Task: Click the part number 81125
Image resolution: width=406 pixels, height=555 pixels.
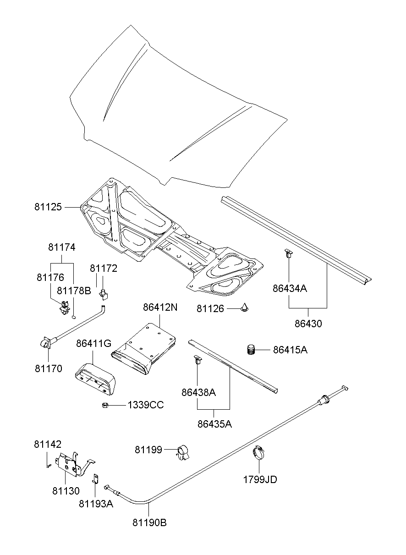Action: click(48, 207)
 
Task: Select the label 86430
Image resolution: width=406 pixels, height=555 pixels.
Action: click(308, 324)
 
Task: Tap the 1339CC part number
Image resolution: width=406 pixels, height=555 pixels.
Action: click(145, 405)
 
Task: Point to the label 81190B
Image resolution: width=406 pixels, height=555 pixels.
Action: click(150, 522)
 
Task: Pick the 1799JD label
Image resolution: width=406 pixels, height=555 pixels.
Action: click(260, 480)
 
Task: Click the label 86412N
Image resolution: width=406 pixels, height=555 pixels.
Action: click(159, 308)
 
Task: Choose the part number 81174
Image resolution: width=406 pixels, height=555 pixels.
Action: click(62, 247)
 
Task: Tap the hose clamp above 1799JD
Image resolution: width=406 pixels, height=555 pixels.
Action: click(259, 453)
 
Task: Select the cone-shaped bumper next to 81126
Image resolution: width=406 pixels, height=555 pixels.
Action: click(246, 308)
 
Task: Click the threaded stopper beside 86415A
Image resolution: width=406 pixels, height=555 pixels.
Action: click(251, 350)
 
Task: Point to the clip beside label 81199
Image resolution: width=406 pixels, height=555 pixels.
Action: click(183, 452)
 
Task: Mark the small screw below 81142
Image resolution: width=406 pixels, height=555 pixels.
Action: click(48, 466)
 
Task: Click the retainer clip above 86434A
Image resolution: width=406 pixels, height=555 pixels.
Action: click(289, 253)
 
